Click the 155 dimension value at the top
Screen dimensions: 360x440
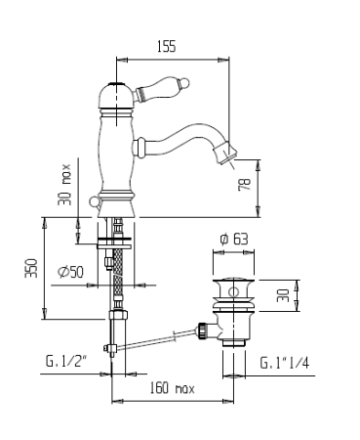tap(166, 46)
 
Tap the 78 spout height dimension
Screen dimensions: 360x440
tap(245, 185)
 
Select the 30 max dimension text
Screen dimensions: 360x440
tap(64, 185)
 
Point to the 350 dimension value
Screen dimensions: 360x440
tap(32, 268)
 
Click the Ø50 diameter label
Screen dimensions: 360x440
tap(71, 272)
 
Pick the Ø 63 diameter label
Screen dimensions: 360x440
tap(234, 239)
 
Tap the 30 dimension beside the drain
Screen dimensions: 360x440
tap(283, 295)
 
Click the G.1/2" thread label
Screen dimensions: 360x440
tap(66, 361)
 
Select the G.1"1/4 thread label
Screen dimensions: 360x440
tap(285, 363)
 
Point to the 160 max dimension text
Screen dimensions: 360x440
tap(172, 388)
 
